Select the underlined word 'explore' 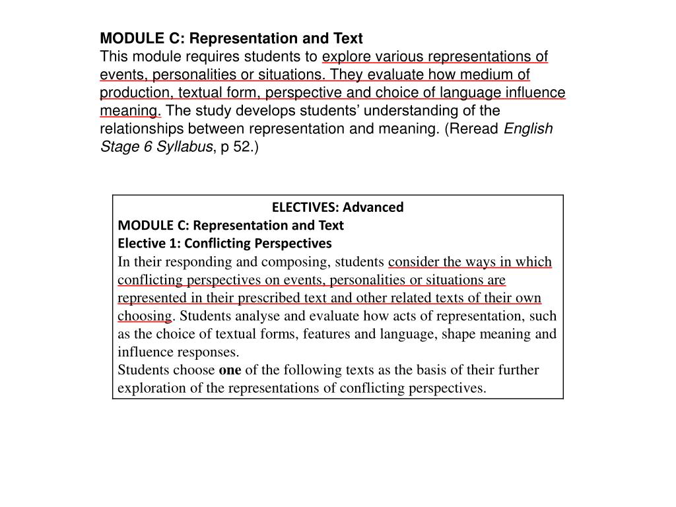click(344, 56)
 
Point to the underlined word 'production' click(131, 92)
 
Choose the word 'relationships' click(139, 128)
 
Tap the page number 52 click(243, 146)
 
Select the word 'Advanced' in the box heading click(373, 207)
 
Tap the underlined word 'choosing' click(144, 316)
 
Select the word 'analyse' click(250, 316)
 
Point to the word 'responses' click(211, 351)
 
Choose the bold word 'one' click(230, 370)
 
